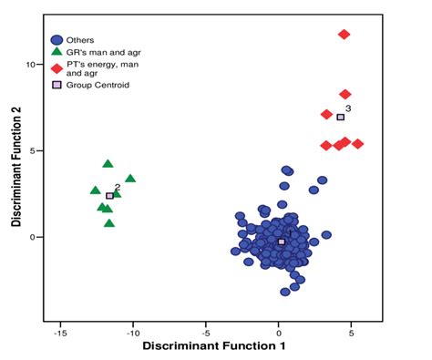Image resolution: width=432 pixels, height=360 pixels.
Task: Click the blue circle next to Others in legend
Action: tap(57, 40)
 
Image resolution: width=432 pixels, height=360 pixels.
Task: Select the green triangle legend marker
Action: tap(57, 53)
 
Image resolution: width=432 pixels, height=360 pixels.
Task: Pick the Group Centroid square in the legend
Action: tap(57, 85)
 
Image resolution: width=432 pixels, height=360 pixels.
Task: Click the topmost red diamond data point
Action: tap(345, 35)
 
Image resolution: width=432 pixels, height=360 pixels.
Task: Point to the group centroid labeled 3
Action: tap(341, 117)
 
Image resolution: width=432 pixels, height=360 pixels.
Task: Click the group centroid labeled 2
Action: tap(109, 196)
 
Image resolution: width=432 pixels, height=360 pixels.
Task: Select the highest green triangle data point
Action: tap(108, 164)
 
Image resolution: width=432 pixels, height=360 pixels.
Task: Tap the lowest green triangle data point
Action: tap(109, 222)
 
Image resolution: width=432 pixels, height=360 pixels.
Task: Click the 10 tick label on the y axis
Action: tap(29, 65)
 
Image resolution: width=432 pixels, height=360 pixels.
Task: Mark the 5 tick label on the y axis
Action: tap(32, 150)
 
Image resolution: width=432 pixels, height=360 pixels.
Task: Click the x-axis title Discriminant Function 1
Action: tap(206, 347)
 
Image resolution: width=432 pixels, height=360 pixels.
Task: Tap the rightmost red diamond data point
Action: tap(358, 144)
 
